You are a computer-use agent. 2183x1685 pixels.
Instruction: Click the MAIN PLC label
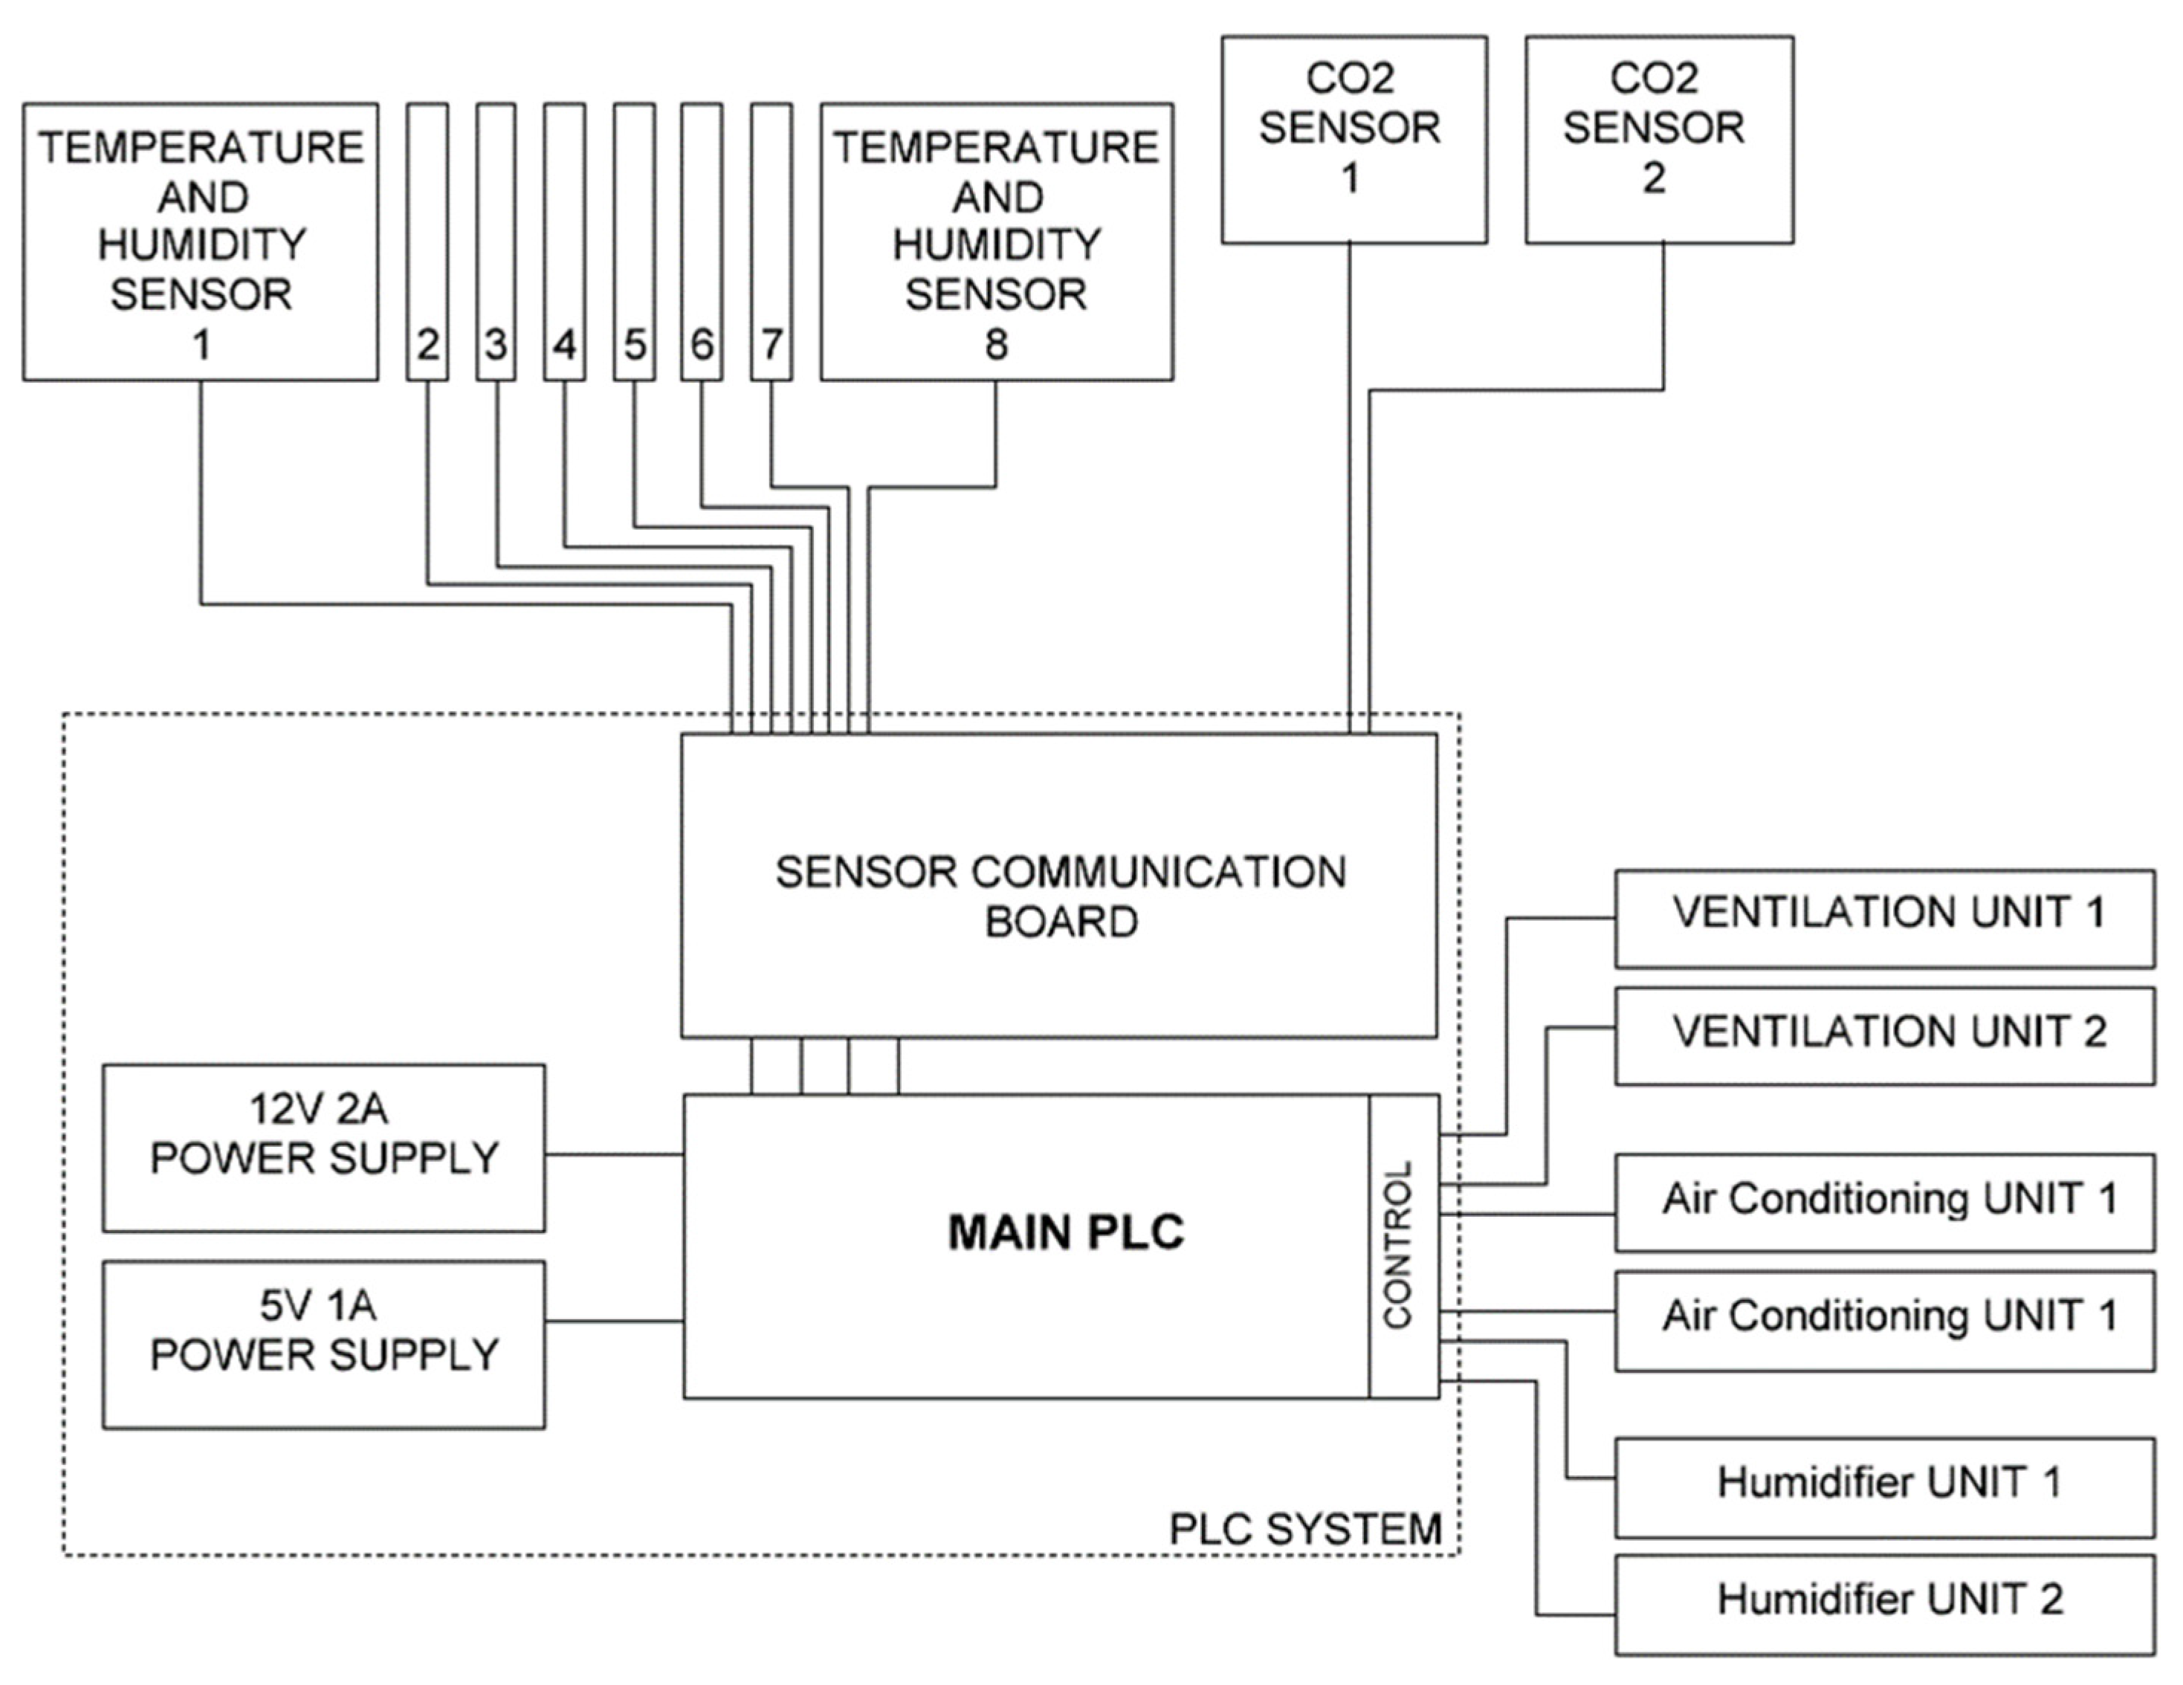[x=1066, y=1232]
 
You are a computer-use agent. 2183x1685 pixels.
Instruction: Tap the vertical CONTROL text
[x=1397, y=1244]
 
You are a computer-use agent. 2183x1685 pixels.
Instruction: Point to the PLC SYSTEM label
[x=1304, y=1528]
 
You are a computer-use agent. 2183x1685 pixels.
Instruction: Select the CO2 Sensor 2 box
[x=1658, y=139]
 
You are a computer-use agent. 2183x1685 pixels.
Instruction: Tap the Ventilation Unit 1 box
[x=1883, y=916]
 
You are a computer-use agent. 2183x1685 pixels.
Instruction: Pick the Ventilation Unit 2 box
[x=1883, y=1035]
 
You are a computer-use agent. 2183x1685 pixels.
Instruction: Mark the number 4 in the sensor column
[x=565, y=345]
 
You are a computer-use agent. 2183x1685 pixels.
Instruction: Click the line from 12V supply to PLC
[x=614, y=1154]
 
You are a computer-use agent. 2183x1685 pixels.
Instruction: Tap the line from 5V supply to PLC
[x=614, y=1322]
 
